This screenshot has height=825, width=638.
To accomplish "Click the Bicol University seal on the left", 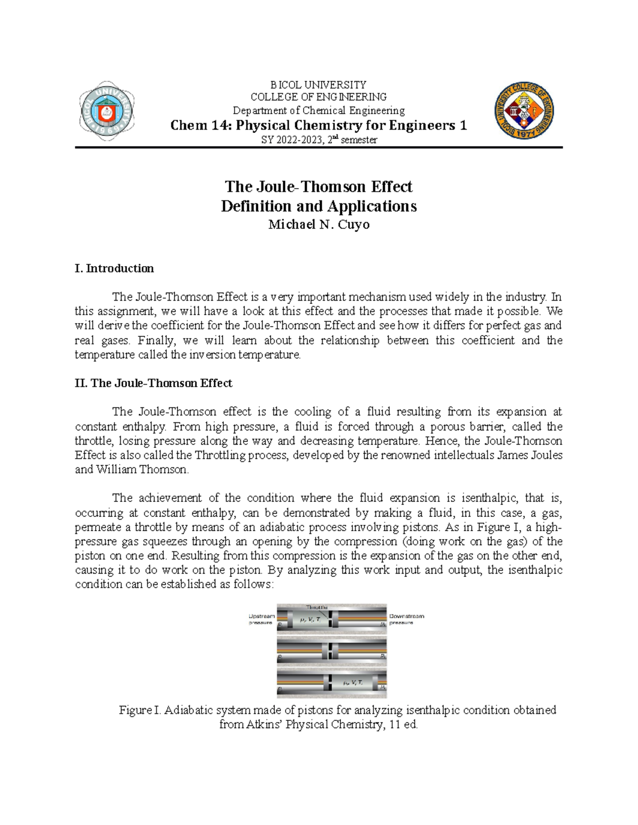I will click(107, 112).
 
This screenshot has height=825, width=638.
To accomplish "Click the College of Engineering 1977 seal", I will click(524, 111).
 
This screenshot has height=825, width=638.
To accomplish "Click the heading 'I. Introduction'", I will click(114, 268).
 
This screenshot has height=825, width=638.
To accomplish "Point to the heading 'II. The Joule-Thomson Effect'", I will click(154, 383).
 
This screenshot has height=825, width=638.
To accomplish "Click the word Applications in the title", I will click(372, 206).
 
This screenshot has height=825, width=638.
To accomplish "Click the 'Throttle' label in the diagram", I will click(316, 607).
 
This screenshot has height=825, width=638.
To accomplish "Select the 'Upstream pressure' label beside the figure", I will click(262, 619).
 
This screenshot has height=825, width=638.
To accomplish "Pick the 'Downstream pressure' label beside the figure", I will click(407, 619).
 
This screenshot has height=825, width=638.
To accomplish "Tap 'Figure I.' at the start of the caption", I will click(140, 710).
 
